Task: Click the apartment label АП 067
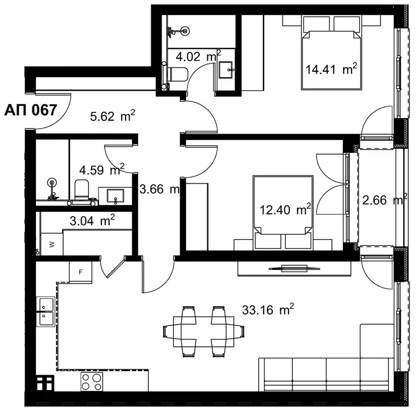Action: tap(31, 110)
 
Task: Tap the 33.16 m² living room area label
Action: tap(268, 310)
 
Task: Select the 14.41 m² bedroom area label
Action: tap(331, 69)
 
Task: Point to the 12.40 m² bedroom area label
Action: tap(286, 209)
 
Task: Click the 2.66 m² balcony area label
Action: tap(385, 199)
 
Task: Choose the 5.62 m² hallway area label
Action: tap(113, 116)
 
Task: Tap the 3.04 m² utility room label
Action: tap(92, 221)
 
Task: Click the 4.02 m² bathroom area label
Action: tap(199, 56)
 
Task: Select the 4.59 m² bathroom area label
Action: tap(102, 170)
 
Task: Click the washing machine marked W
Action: tap(52, 244)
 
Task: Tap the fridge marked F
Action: tap(81, 272)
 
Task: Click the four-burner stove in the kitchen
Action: tap(92, 382)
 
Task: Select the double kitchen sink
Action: tap(46, 311)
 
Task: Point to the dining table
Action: tap(204, 332)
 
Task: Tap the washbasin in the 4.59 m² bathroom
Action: tap(115, 196)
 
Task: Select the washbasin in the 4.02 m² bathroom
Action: tap(225, 70)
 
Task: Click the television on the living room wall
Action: tap(294, 268)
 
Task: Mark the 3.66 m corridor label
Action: tap(159, 189)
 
